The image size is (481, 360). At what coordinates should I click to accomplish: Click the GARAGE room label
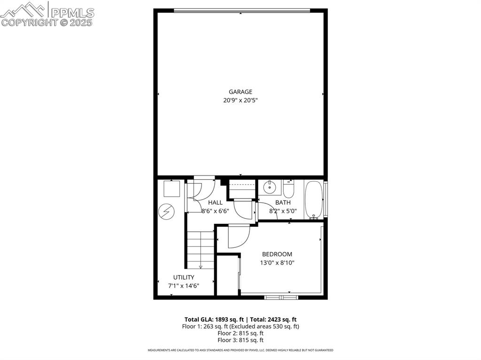click(240, 92)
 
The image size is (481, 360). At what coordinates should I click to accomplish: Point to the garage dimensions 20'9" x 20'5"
click(240, 100)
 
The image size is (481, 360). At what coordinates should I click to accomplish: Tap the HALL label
click(215, 203)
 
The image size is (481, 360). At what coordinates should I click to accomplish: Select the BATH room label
click(283, 203)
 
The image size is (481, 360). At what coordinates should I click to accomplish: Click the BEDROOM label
click(277, 254)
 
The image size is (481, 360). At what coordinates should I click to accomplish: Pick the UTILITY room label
click(183, 277)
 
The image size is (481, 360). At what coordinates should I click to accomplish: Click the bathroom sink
click(269, 188)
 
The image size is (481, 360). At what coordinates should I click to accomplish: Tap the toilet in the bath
click(288, 189)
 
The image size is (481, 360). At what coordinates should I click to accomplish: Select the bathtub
click(313, 200)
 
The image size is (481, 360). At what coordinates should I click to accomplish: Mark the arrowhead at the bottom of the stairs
click(201, 267)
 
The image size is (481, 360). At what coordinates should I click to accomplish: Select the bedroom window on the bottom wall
click(281, 297)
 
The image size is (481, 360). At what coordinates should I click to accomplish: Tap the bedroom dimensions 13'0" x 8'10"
click(277, 263)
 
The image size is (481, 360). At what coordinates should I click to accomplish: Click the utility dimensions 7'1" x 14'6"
click(183, 285)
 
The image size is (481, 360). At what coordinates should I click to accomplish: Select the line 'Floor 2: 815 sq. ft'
click(240, 333)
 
